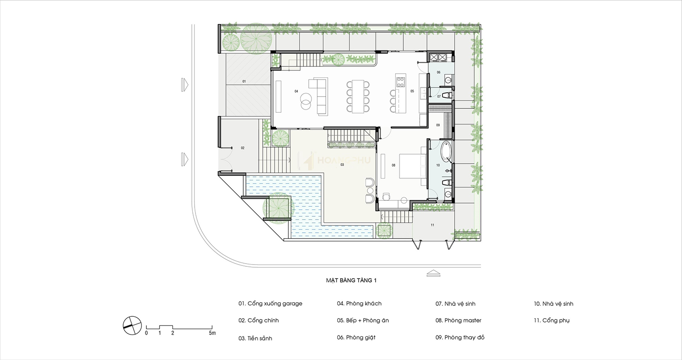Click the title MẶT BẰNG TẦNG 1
coord(351,280)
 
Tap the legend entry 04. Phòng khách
coord(359,303)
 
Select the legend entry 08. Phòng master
coord(458,320)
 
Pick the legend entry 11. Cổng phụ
coord(552,320)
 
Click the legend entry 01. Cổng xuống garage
coord(270,304)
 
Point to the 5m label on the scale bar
coord(212,333)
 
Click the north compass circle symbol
coord(132,325)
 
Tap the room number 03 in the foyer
coord(342,165)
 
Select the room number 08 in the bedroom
coord(393,165)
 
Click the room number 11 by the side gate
coord(432,225)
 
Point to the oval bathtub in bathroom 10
coord(446,151)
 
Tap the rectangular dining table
coord(358,96)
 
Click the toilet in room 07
coord(447,95)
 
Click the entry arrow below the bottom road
coord(433,273)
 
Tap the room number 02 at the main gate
coord(243,148)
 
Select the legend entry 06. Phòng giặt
coord(356,337)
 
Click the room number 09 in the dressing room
coord(438,125)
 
